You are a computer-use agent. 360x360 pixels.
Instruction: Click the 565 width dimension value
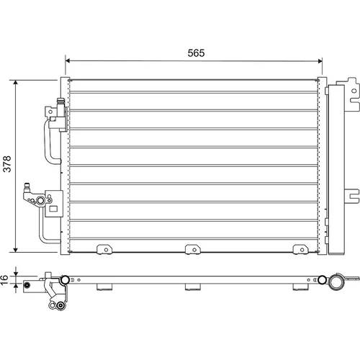(196, 53)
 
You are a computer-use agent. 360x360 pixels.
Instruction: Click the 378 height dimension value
(7, 164)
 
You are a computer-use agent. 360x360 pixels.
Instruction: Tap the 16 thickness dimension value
(4, 280)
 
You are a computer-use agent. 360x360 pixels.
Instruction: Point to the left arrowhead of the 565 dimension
(68, 60)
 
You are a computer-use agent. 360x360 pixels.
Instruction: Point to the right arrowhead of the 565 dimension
(320, 61)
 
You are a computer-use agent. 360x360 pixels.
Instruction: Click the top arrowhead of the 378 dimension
(16, 82)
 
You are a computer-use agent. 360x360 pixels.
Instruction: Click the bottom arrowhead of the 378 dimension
(16, 250)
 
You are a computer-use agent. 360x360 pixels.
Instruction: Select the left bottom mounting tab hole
(106, 250)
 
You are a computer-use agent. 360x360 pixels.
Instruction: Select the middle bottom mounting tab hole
(194, 250)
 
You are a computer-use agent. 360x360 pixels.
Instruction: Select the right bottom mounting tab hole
(302, 250)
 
